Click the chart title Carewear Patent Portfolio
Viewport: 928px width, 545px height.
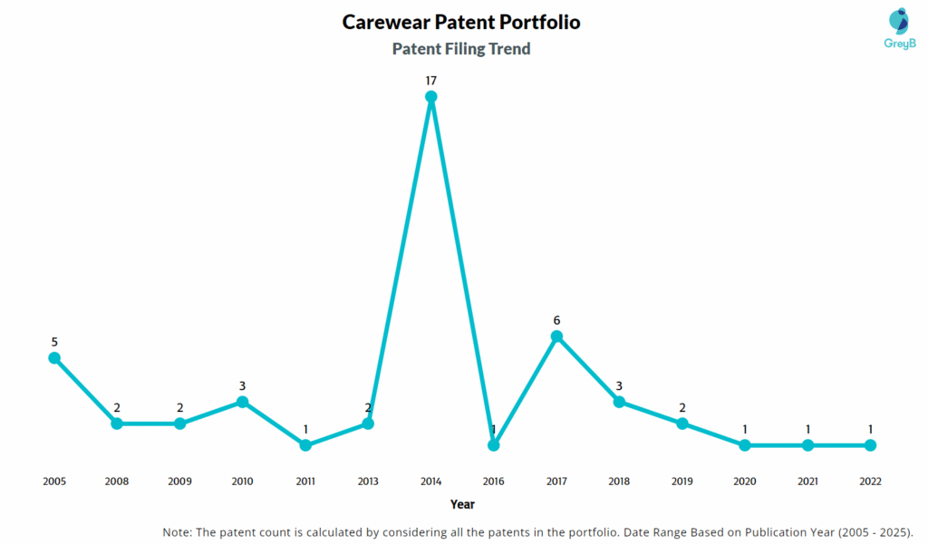(x=461, y=22)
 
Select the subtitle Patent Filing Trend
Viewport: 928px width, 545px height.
(x=461, y=49)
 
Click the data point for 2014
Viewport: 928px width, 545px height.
(x=431, y=96)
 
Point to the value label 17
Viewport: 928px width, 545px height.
(x=431, y=81)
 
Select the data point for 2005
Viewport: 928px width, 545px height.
(x=54, y=358)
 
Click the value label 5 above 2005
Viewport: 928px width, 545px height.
(x=54, y=342)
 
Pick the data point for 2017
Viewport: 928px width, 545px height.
(x=556, y=336)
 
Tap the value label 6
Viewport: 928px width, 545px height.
(x=556, y=320)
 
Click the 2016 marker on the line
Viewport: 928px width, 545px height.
(x=494, y=445)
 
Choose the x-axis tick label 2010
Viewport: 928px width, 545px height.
(x=242, y=482)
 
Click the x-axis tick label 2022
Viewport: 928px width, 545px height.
(x=870, y=482)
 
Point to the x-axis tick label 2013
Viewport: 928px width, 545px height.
(x=368, y=482)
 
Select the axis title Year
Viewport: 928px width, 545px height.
(x=462, y=504)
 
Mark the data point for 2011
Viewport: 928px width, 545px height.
(x=305, y=445)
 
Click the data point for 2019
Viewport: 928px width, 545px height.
(x=682, y=423)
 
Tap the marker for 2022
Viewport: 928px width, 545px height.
(x=870, y=445)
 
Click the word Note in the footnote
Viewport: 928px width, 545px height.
(x=178, y=531)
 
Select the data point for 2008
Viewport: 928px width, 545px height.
(x=117, y=423)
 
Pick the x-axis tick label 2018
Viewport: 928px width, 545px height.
(x=619, y=482)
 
